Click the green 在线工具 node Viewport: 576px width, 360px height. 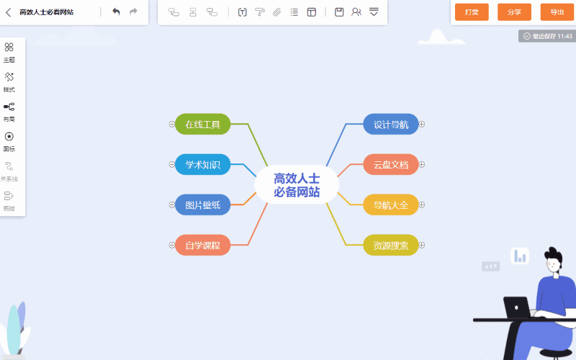pyautogui.click(x=202, y=124)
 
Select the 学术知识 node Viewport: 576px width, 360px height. pyautogui.click(x=202, y=165)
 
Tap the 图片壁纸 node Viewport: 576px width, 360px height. pyautogui.click(x=202, y=204)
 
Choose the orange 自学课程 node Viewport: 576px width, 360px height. pyautogui.click(x=202, y=245)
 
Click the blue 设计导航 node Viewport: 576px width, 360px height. pyautogui.click(x=391, y=124)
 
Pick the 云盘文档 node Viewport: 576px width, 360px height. pyautogui.click(x=391, y=165)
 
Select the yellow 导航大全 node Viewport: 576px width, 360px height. pyautogui.click(x=391, y=204)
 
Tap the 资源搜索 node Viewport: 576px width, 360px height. pyautogui.click(x=391, y=245)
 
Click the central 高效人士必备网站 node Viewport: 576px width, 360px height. pyautogui.click(x=297, y=185)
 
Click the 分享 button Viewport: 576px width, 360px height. pyautogui.click(x=514, y=12)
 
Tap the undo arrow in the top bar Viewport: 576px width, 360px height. pyautogui.click(x=116, y=12)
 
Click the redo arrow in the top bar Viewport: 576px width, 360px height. pyautogui.click(x=133, y=12)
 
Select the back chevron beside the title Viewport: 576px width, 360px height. pyautogui.click(x=9, y=12)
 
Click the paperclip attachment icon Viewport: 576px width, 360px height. pyautogui.click(x=276, y=12)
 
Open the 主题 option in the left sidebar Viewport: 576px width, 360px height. pyautogui.click(x=9, y=53)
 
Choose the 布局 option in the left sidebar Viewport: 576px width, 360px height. pyautogui.click(x=9, y=112)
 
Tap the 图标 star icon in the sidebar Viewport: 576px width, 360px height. pyautogui.click(x=9, y=137)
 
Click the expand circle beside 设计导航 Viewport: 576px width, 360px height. pyautogui.click(x=422, y=124)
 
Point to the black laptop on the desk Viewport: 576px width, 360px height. pyautogui.click(x=517, y=307)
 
